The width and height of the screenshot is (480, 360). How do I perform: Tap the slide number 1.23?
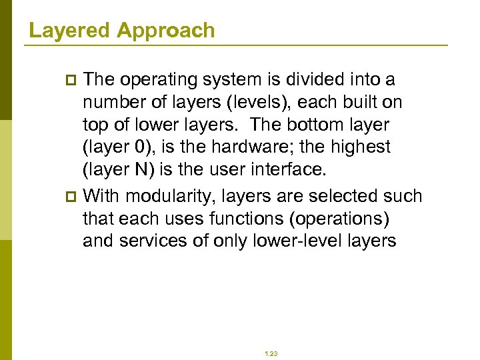point(271,354)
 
